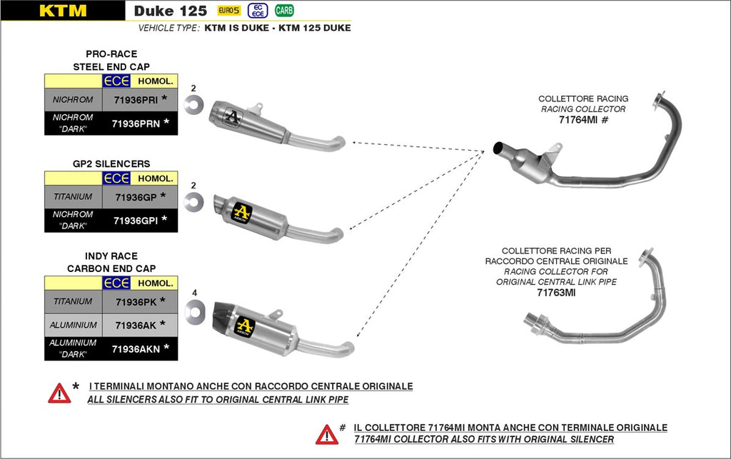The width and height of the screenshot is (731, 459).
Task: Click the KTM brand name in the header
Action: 63,11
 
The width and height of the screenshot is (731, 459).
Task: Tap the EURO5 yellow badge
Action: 228,11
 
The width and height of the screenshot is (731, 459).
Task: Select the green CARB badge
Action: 284,11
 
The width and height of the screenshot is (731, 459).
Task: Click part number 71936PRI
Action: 136,99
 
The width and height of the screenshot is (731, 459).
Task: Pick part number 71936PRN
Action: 136,123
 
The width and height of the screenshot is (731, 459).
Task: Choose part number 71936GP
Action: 135,196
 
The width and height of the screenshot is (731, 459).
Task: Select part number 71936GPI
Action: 135,221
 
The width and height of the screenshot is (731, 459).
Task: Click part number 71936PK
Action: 135,302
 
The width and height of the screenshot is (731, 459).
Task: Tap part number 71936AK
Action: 135,326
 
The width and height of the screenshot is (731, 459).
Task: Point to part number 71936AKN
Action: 135,349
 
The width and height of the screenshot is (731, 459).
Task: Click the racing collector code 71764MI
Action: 578,121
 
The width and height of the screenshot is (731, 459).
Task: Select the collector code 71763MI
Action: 555,293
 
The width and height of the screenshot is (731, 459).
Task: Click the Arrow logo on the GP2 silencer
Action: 243,211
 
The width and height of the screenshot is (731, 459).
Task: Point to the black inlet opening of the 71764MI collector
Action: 498,148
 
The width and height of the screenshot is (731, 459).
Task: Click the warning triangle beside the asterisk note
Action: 59,393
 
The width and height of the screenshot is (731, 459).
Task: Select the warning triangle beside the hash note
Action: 327,434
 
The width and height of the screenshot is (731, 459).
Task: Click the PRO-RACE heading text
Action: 111,54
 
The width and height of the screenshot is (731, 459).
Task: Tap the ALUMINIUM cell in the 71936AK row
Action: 74,326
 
